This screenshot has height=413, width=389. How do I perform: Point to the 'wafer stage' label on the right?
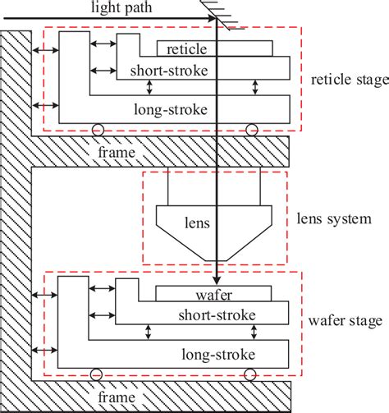(x=344, y=322)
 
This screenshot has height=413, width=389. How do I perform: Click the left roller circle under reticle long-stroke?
(x=98, y=129)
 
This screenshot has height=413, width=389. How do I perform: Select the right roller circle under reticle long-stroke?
(x=251, y=129)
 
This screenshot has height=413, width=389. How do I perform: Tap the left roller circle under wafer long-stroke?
(x=98, y=374)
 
